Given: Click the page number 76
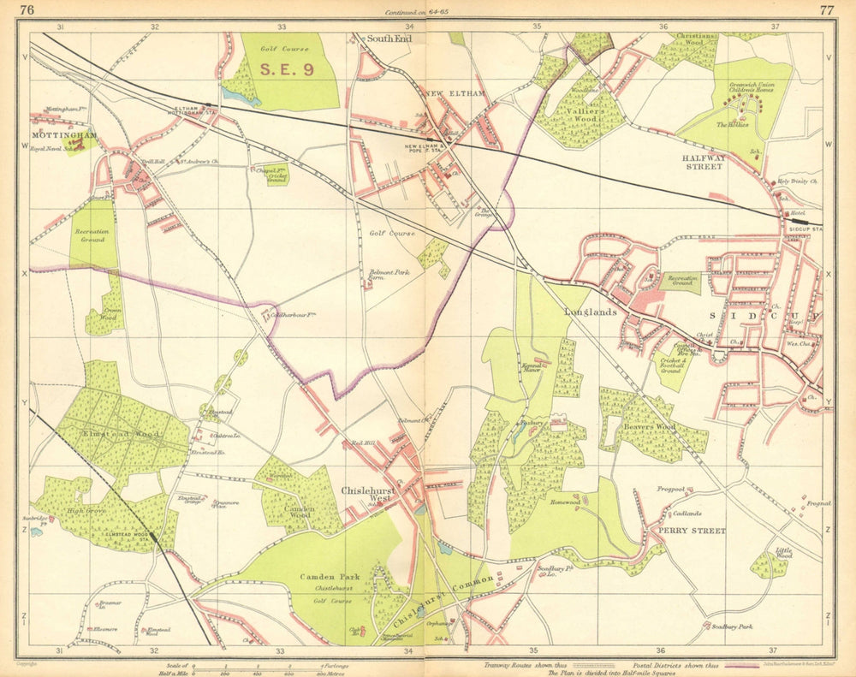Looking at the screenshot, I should click(27, 10).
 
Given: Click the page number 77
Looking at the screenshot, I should click(826, 10).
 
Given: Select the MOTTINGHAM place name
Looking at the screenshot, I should click(62, 135).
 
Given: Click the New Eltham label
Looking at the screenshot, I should click(455, 92).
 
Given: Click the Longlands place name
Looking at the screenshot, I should click(591, 312).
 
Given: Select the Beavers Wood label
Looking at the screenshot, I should click(649, 425).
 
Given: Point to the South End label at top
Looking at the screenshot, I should click(389, 39).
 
